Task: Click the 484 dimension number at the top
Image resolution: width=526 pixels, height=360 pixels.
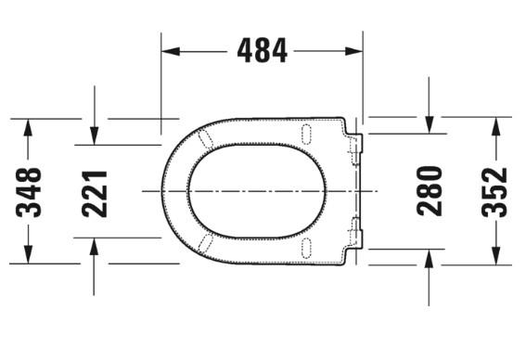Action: [263, 50]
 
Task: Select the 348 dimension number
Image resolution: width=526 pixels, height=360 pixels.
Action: [30, 190]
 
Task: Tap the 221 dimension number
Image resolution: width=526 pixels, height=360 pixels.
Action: [96, 192]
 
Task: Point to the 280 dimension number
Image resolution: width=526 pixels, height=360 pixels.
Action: [429, 190]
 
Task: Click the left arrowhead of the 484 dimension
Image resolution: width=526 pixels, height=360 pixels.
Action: [170, 50]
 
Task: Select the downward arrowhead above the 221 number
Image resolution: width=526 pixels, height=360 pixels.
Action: [96, 136]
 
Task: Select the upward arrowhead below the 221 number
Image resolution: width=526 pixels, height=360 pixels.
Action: [96, 246]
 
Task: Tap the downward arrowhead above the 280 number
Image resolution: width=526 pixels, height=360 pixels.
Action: [429, 123]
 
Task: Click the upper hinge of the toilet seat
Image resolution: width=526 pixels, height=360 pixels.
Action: [357, 148]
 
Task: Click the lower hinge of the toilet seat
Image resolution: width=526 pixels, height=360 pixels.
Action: [357, 232]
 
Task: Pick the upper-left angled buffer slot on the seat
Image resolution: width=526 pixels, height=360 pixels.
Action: [206, 138]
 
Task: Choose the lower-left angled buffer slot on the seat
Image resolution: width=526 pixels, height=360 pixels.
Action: [206, 243]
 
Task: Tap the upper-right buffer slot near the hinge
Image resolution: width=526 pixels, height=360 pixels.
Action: [305, 134]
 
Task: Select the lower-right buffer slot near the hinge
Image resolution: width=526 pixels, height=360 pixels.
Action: [305, 247]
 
